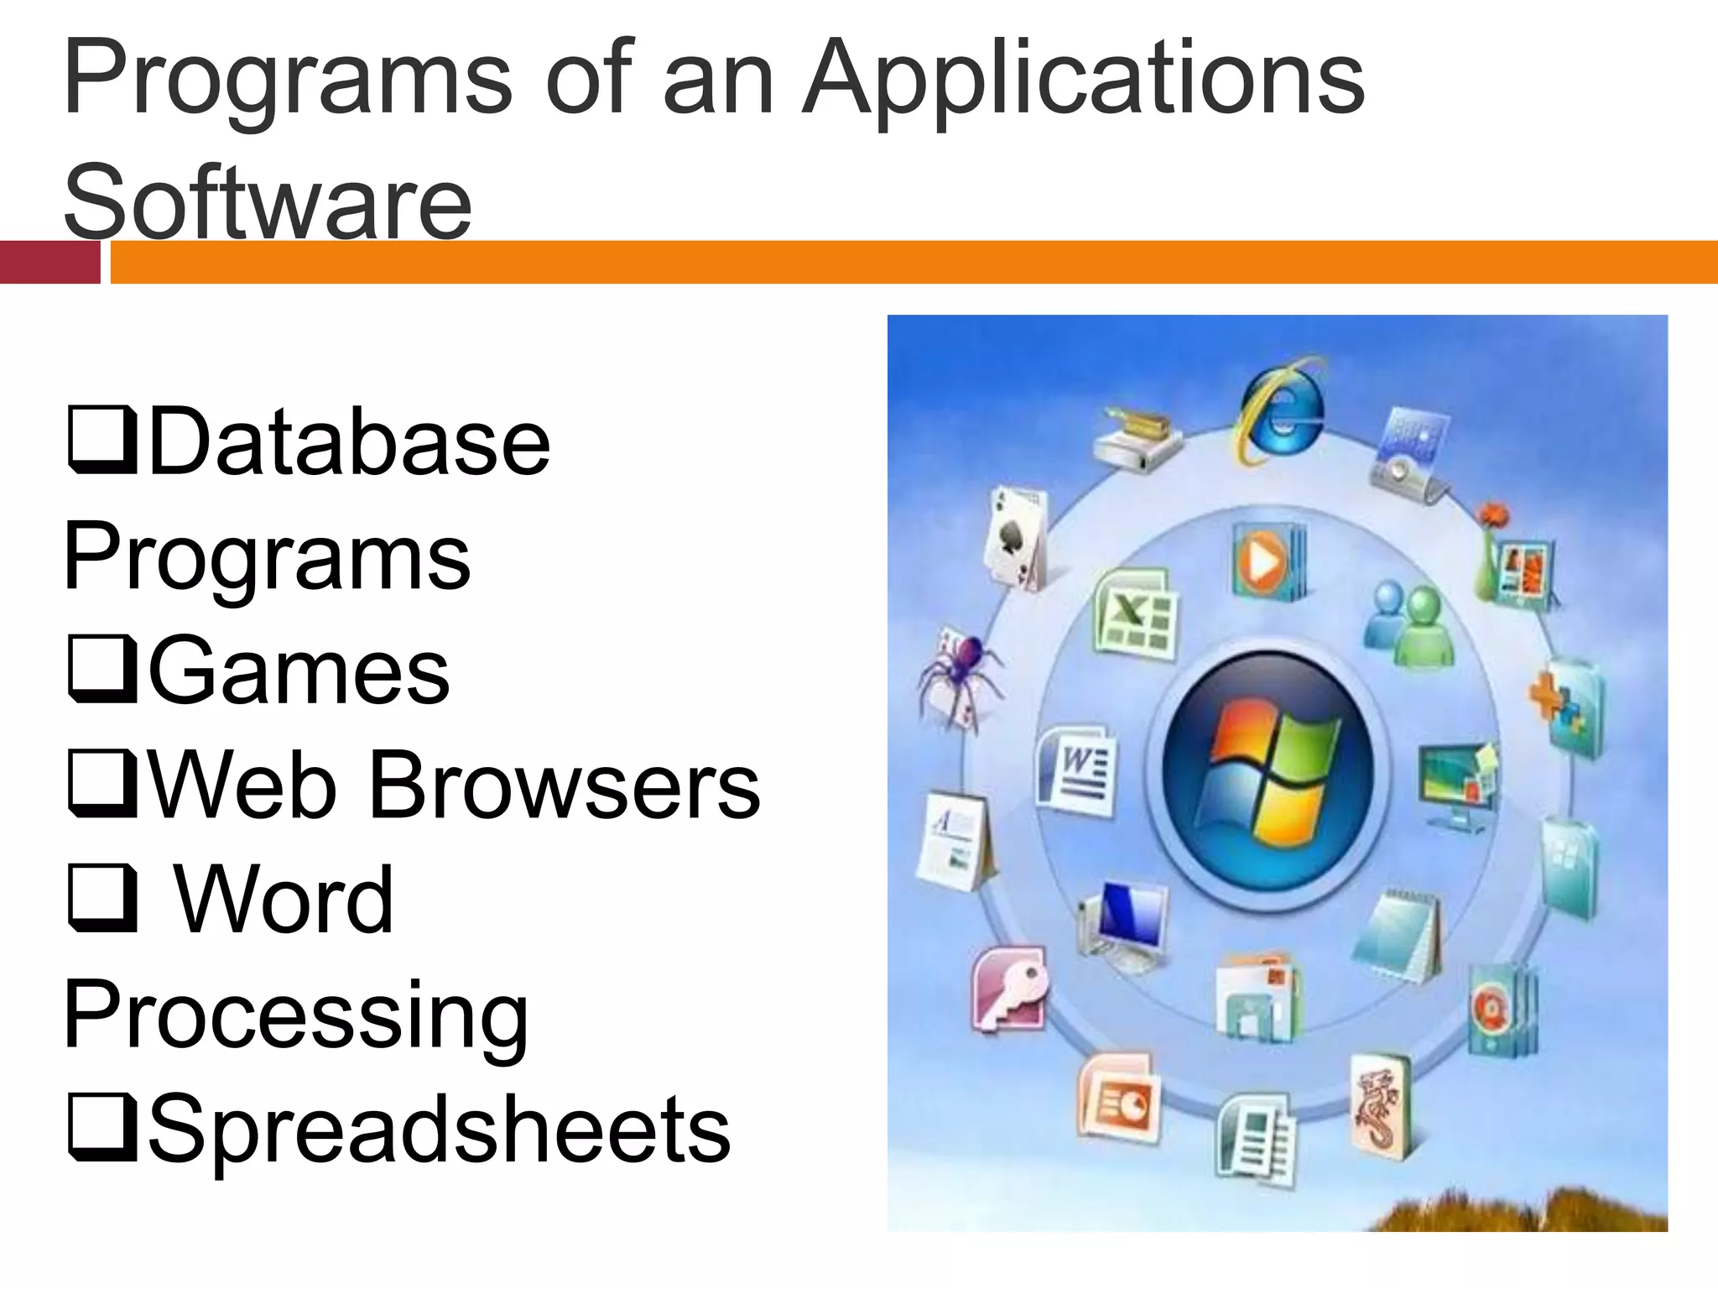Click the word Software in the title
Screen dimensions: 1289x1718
tap(268, 201)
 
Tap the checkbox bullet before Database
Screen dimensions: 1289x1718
tap(102, 440)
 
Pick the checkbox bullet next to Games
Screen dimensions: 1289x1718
tap(102, 669)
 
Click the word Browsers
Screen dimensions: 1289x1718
tap(564, 785)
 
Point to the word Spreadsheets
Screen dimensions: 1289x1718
tap(439, 1129)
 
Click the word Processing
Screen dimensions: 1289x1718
tap(295, 1015)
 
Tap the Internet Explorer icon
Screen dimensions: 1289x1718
tap(1279, 410)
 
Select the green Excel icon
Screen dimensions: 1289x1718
tap(1134, 613)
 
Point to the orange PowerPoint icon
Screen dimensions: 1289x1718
tap(1117, 1099)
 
